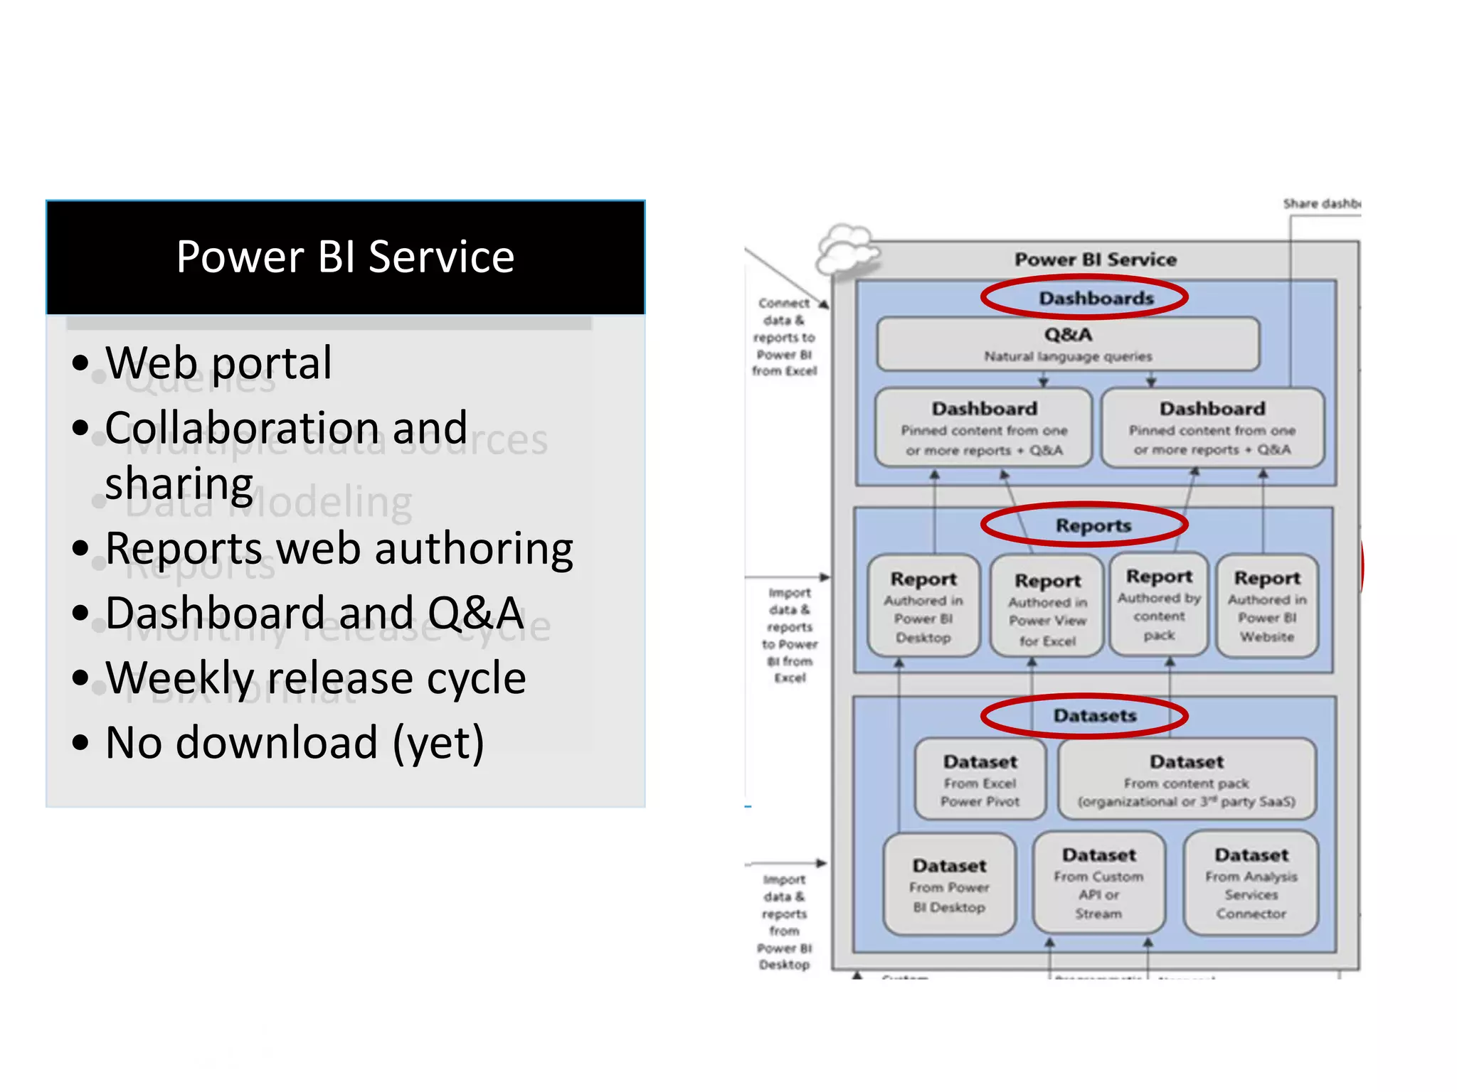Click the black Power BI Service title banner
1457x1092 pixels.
coord(346,257)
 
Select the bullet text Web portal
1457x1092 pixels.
coord(218,363)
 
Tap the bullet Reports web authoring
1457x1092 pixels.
coord(339,550)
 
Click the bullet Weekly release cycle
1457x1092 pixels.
coord(315,678)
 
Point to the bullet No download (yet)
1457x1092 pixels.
coord(295,743)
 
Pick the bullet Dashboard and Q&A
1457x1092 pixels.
coord(314,614)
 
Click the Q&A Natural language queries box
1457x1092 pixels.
coord(1068,344)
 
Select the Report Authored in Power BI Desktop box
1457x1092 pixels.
coord(923,606)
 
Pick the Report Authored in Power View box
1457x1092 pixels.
coord(1047,609)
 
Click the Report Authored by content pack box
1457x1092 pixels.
coord(1159,604)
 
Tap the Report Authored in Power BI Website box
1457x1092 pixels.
coord(1267,606)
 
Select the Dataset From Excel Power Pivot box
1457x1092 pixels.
coord(980,780)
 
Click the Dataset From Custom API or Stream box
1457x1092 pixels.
coord(1099,883)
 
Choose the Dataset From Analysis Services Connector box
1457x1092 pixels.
coord(1251,883)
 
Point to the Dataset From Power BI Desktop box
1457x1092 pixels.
coord(950,885)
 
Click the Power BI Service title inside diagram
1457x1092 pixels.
coord(1096,259)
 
